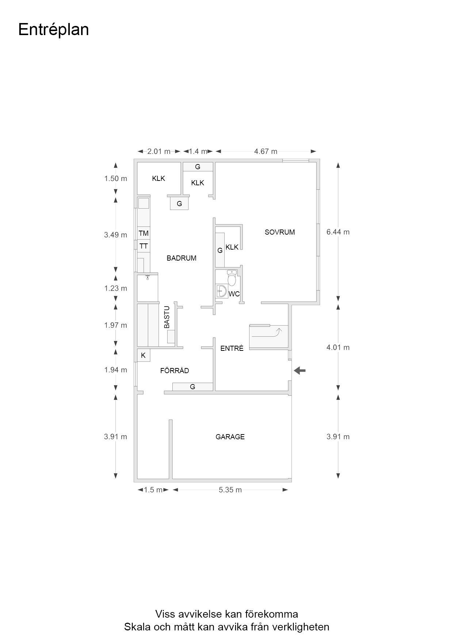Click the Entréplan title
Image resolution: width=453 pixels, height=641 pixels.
[53, 30]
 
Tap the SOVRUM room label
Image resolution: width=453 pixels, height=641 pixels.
[280, 232]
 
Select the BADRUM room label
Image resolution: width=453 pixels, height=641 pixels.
[182, 258]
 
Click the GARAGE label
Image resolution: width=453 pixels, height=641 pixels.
[230, 437]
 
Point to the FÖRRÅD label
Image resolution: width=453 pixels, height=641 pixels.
[175, 371]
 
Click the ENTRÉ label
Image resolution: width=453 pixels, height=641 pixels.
[232, 348]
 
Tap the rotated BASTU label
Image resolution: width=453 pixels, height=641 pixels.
[167, 317]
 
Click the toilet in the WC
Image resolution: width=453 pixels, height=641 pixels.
[232, 278]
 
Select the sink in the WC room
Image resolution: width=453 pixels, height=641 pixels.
[221, 292]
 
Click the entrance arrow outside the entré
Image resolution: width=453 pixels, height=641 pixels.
[300, 371]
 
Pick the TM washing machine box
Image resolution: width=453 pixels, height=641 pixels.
[144, 233]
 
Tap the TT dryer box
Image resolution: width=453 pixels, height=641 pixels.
[144, 246]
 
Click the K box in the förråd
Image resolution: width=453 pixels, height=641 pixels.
[144, 355]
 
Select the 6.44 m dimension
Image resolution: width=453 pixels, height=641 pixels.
[338, 232]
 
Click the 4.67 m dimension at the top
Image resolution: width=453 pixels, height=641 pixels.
[266, 151]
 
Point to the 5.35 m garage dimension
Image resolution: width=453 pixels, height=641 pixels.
[230, 490]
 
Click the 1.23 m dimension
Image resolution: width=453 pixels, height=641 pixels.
[116, 288]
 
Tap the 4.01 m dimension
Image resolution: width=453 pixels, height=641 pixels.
[338, 348]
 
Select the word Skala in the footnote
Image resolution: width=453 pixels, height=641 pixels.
[136, 627]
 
